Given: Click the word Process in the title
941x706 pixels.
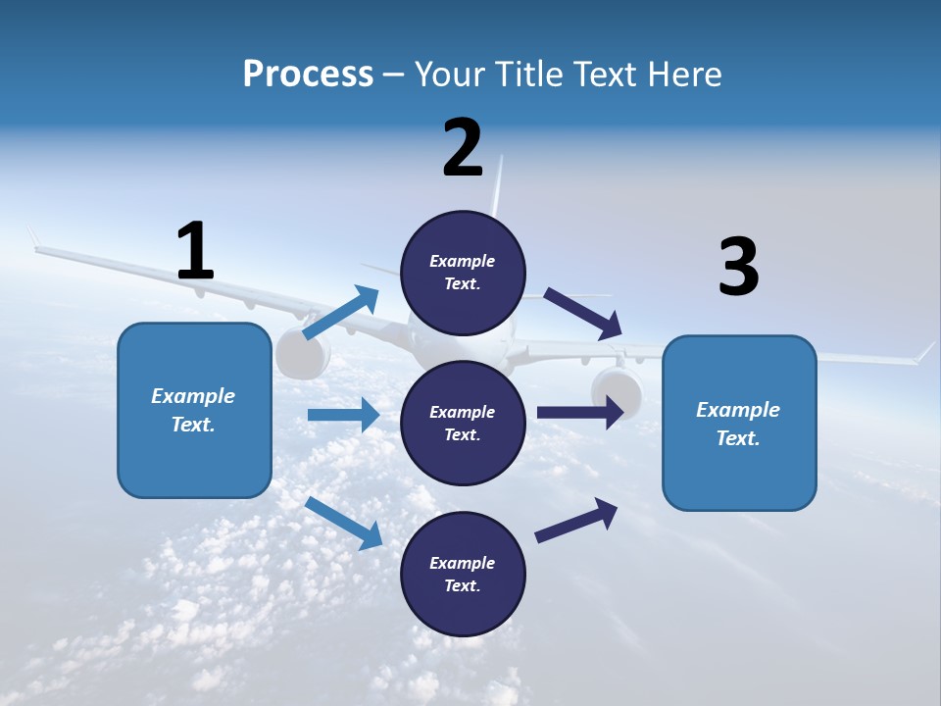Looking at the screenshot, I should click(x=308, y=75).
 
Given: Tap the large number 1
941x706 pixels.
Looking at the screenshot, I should click(x=195, y=251).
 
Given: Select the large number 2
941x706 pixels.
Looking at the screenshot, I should click(x=463, y=148).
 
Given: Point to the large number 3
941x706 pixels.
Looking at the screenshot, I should click(x=738, y=267).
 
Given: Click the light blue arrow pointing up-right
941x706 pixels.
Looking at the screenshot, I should click(x=341, y=313).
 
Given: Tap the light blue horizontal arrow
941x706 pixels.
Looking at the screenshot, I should click(x=343, y=415).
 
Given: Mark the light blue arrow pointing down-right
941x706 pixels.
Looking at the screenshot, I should click(x=344, y=523).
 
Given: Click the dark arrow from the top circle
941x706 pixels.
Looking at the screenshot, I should click(x=583, y=314).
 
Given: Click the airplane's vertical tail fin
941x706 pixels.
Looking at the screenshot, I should click(x=497, y=191).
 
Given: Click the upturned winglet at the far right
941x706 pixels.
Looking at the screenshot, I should click(x=925, y=352).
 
